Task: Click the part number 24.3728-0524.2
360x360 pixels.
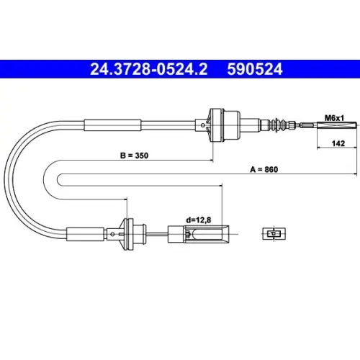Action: click(149, 69)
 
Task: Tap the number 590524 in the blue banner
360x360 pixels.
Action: click(255, 69)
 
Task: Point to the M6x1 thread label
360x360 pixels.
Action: click(334, 118)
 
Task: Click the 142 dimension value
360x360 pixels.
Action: click(338, 143)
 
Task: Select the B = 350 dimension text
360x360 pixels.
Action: click(134, 156)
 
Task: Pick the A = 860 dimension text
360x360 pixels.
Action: click(264, 169)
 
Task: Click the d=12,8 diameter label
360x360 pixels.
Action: click(199, 220)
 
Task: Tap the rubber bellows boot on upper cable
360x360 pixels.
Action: click(278, 125)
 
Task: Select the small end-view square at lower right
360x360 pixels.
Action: click(274, 233)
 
